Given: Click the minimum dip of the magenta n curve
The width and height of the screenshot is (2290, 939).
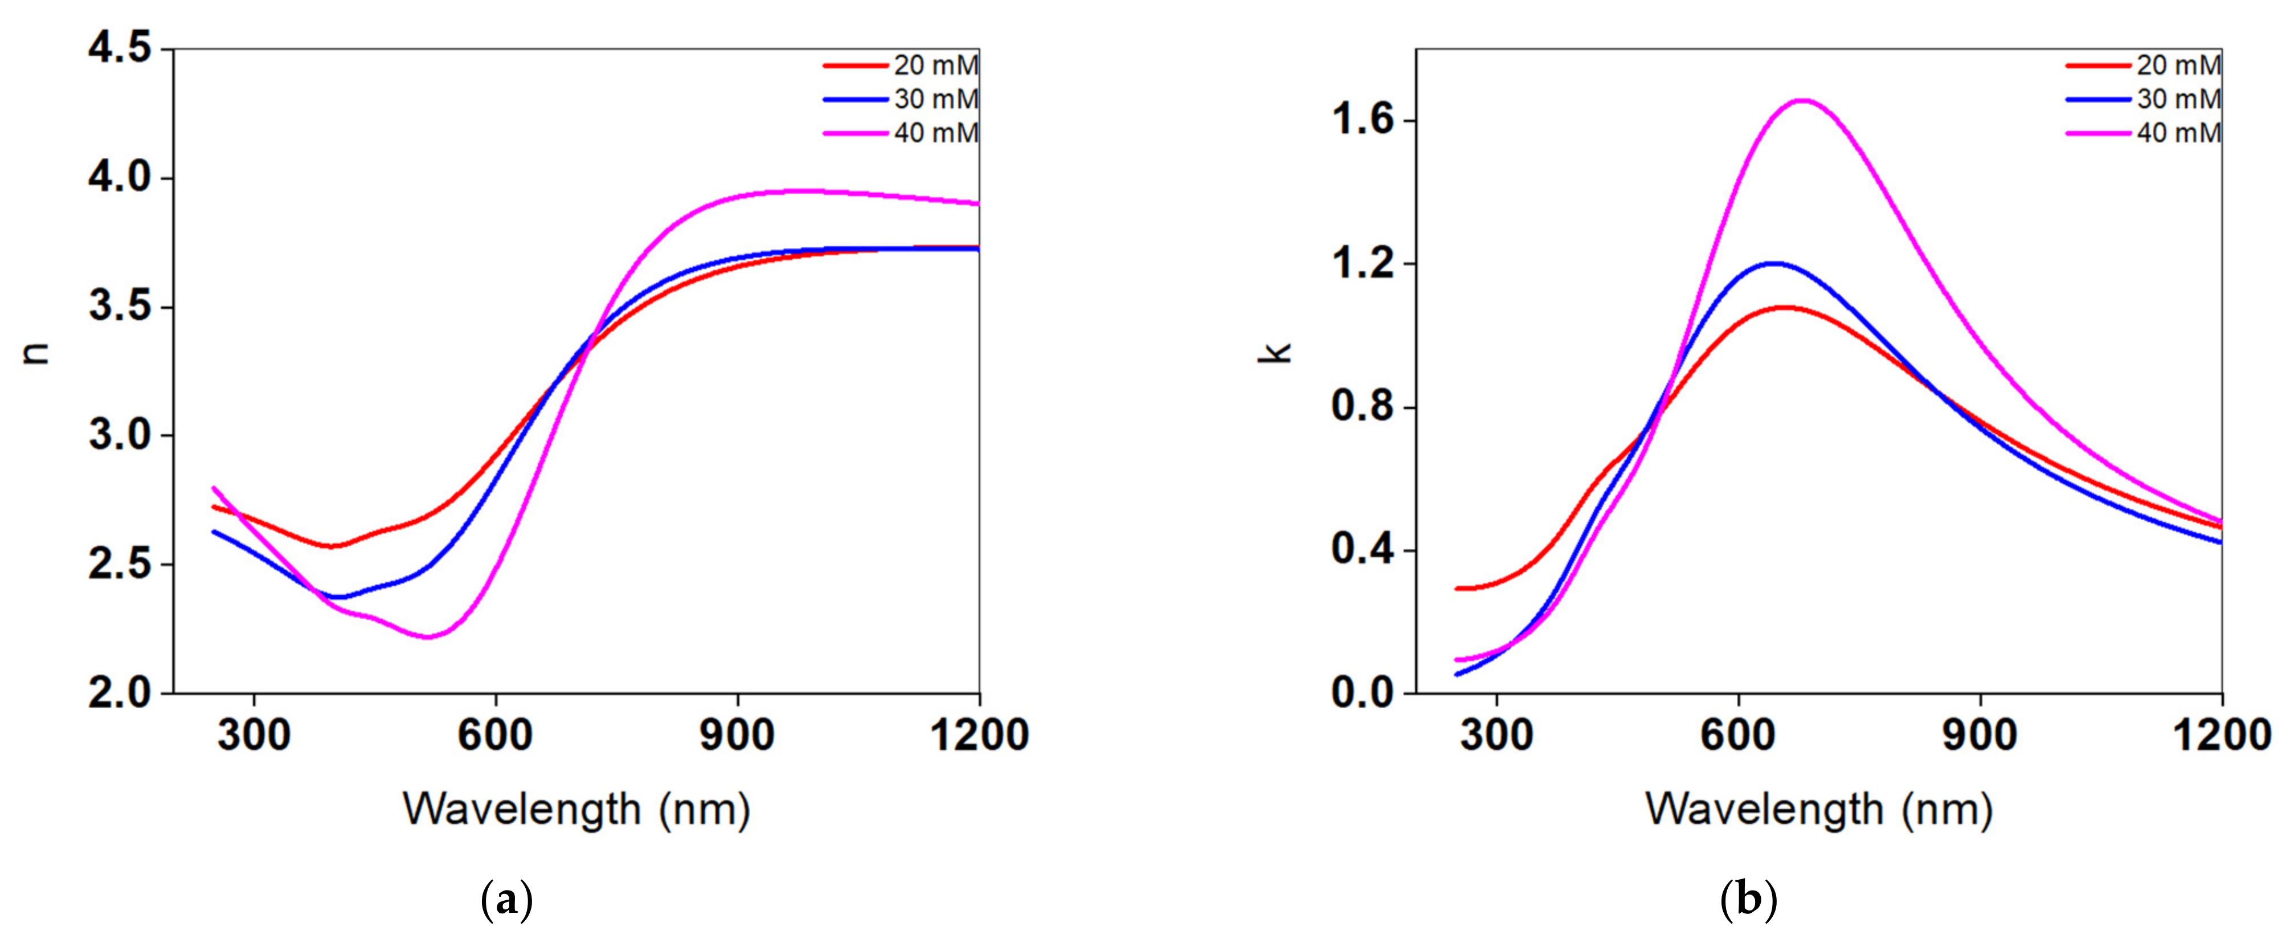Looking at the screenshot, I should point(430,636).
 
